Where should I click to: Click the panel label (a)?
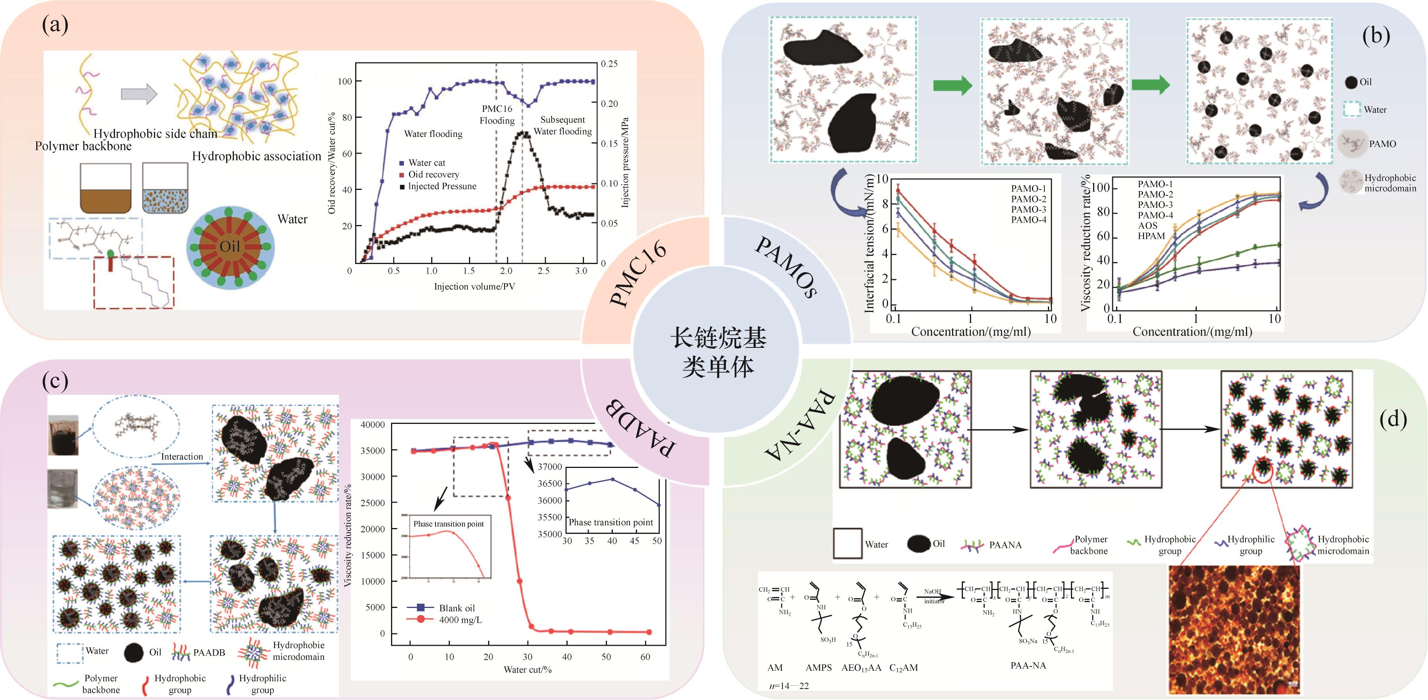(55, 25)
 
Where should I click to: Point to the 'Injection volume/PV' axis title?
(474, 287)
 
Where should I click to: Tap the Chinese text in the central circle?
(718, 352)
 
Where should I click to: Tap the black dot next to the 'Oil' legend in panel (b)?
(1351, 82)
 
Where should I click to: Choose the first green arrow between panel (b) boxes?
(952, 85)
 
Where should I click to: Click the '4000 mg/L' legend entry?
(460, 620)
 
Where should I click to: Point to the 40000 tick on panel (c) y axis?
(373, 425)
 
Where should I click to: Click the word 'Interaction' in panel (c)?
(182, 457)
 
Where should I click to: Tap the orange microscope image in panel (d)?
(1234, 629)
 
